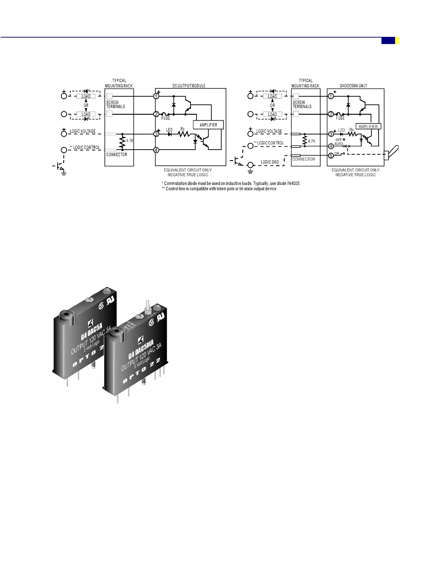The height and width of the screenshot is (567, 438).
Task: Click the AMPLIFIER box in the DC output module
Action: point(208,125)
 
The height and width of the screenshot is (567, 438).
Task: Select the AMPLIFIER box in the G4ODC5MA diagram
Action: point(368,126)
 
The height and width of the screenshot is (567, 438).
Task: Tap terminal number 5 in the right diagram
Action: point(331,155)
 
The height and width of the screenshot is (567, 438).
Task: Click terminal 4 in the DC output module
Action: point(156,150)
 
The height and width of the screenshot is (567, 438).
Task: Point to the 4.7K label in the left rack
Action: point(130,141)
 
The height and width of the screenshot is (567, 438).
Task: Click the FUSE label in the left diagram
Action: point(166,118)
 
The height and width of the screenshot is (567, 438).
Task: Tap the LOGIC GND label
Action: point(270,162)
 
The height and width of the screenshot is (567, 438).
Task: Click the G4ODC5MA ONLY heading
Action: point(354,86)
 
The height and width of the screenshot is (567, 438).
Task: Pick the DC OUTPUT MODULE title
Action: point(189,86)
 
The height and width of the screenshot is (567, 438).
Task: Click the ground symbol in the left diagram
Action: point(64,173)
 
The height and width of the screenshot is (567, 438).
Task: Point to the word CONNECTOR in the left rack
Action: point(117,155)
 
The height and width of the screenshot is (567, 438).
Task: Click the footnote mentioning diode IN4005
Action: point(231,183)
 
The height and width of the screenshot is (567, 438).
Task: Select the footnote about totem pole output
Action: point(220,189)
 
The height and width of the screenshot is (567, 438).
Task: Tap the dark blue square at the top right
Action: point(388,40)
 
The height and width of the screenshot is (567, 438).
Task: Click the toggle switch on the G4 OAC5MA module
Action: point(147,307)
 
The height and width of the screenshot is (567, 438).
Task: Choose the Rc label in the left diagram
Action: point(182,129)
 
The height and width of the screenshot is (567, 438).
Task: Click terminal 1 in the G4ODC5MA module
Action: point(331,96)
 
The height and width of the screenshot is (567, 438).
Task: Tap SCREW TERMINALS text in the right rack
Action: point(302,104)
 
